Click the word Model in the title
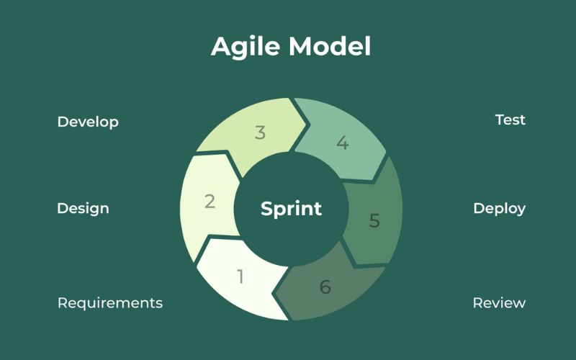click(x=330, y=47)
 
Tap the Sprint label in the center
click(x=291, y=209)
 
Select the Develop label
click(x=88, y=122)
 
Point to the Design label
click(x=83, y=209)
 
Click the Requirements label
click(x=110, y=302)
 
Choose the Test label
click(x=510, y=120)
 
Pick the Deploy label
click(x=499, y=209)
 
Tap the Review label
click(x=499, y=302)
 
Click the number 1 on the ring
click(x=240, y=276)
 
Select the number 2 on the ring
click(x=210, y=202)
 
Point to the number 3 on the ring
click(x=261, y=133)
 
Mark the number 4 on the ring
click(x=342, y=143)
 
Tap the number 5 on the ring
click(x=374, y=220)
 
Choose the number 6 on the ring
click(x=325, y=287)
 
